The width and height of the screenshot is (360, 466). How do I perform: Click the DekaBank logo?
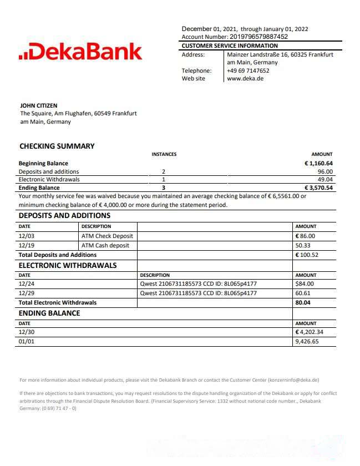80,52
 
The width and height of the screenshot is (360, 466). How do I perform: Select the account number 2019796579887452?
259,37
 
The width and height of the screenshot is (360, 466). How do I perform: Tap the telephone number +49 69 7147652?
248,70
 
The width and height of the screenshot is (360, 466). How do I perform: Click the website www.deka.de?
245,78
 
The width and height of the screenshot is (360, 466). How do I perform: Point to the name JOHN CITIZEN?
38,105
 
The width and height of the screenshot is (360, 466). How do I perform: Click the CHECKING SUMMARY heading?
57,146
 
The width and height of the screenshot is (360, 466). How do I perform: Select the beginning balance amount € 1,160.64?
318,163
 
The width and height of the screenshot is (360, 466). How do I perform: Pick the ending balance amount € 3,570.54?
318,188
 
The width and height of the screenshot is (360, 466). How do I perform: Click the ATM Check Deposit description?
107,236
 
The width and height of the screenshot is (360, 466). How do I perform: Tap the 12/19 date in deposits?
27,245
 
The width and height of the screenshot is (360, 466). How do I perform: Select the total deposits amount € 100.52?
308,255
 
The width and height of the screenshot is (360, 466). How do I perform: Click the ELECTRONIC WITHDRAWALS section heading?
68,265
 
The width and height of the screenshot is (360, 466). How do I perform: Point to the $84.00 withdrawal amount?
305,284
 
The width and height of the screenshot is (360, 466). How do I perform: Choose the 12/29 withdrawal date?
27,293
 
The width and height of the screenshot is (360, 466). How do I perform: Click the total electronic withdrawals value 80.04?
303,302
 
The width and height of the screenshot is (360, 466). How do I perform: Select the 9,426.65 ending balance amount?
307,342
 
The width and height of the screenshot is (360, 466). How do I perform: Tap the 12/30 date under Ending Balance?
27,332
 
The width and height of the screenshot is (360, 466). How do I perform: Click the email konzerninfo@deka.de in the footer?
293,380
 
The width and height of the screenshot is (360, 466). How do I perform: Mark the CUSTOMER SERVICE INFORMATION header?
230,45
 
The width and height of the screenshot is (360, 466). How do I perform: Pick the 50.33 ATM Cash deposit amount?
303,245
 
